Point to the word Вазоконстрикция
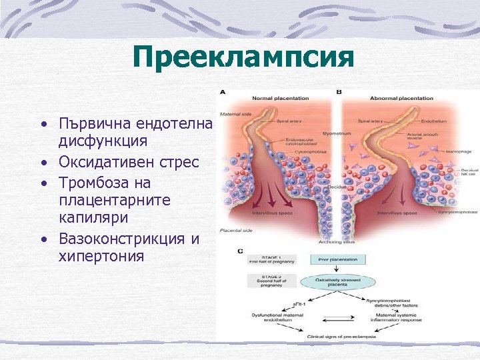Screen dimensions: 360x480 pos(123,238)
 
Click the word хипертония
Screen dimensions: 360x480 pos(101,255)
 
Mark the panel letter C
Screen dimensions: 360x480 pos(240,251)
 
